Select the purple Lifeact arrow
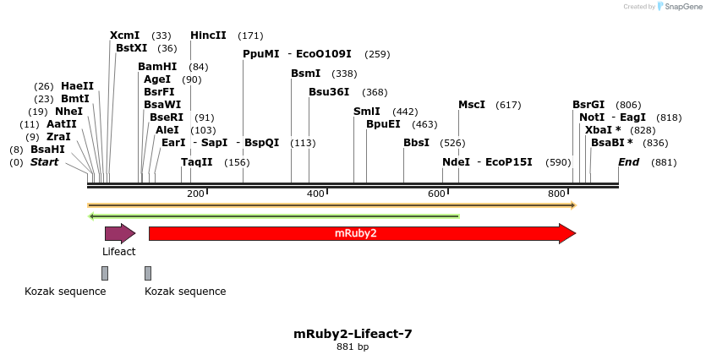pyautogui.click(x=119, y=233)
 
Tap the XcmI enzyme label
pyautogui.click(x=124, y=35)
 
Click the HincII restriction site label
pyautogui.click(x=208, y=35)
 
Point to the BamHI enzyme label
pyautogui.click(x=157, y=67)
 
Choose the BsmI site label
pyautogui.click(x=305, y=74)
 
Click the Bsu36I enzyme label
pyautogui.click(x=329, y=92)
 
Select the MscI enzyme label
pyautogui.click(x=471, y=105)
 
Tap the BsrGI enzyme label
pyautogui.click(x=588, y=105)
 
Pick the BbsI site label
pyautogui.click(x=416, y=143)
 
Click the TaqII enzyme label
pyautogui.click(x=196, y=162)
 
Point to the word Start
pyautogui.click(x=44, y=162)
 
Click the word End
pyautogui.click(x=628, y=162)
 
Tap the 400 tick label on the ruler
pyautogui.click(x=315, y=194)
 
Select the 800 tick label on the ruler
pyautogui.click(x=556, y=194)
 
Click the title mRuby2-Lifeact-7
pyautogui.click(x=353, y=334)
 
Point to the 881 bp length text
pyautogui.click(x=353, y=346)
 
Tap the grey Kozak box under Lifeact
pyautogui.click(x=105, y=273)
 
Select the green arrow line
pyautogui.click(x=274, y=216)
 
